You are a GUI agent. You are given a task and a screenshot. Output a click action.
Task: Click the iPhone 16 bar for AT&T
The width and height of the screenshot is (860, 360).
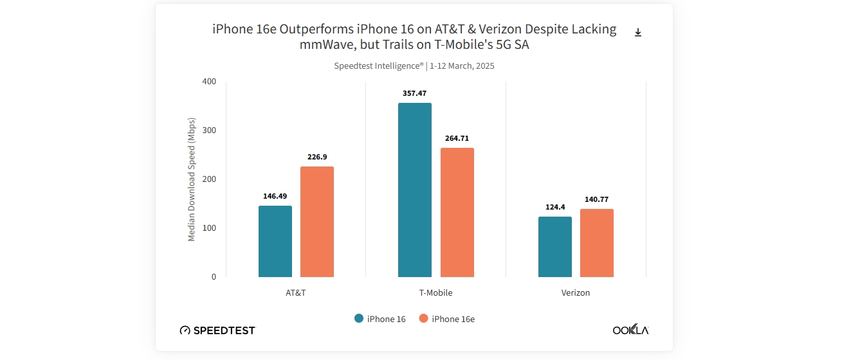[275, 241]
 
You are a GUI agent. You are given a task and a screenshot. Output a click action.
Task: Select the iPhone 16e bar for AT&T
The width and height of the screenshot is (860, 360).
[317, 222]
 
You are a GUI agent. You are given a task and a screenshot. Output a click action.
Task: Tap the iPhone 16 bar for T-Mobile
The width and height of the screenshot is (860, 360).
[415, 190]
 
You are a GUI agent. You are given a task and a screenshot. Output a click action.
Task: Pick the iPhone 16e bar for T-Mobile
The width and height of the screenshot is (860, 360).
[457, 212]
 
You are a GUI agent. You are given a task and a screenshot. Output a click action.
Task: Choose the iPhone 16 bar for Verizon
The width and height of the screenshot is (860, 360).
[555, 247]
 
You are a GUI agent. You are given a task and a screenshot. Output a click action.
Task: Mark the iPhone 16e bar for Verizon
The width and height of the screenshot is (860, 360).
[597, 243]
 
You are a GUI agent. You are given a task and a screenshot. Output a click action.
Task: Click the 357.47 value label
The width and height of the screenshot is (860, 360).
[414, 93]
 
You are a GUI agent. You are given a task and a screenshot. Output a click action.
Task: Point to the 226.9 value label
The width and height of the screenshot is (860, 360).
[317, 157]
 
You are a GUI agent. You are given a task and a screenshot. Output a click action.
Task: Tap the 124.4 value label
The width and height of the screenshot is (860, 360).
[555, 207]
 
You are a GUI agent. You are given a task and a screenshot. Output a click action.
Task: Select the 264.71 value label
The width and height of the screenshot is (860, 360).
[457, 138]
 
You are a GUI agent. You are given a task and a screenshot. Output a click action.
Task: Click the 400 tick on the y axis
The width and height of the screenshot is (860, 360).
[209, 82]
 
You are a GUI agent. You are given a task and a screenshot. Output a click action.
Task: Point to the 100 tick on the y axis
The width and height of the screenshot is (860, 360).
[209, 228]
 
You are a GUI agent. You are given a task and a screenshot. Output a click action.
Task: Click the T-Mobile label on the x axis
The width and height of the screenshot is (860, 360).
[436, 293]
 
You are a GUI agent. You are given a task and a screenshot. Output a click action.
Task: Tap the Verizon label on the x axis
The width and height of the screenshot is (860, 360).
[576, 293]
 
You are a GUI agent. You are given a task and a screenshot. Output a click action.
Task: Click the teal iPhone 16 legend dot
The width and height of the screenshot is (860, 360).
[359, 319]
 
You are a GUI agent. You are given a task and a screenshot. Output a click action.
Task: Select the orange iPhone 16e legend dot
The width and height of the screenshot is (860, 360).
[423, 319]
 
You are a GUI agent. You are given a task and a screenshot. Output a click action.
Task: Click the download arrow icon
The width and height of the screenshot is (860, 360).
[638, 33]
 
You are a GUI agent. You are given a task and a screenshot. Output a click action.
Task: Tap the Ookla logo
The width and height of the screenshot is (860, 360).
[630, 330]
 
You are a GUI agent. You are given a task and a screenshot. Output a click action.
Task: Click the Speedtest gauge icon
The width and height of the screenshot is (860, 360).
[185, 330]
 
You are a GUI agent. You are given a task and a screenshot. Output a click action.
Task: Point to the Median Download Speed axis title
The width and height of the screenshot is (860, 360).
[191, 180]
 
